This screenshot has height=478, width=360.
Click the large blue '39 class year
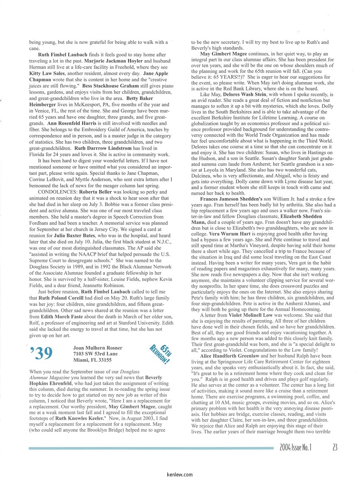[41, 353]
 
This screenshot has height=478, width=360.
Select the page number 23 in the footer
[334, 447]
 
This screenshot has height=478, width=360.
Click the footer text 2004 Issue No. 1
[295, 447]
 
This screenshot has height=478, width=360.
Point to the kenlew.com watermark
[180, 474]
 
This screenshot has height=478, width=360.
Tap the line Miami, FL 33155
[92, 360]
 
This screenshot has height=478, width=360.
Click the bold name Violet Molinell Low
[250, 315]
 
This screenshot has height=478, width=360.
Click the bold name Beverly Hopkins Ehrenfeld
[153, 377]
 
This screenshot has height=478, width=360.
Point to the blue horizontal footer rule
[151, 448]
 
